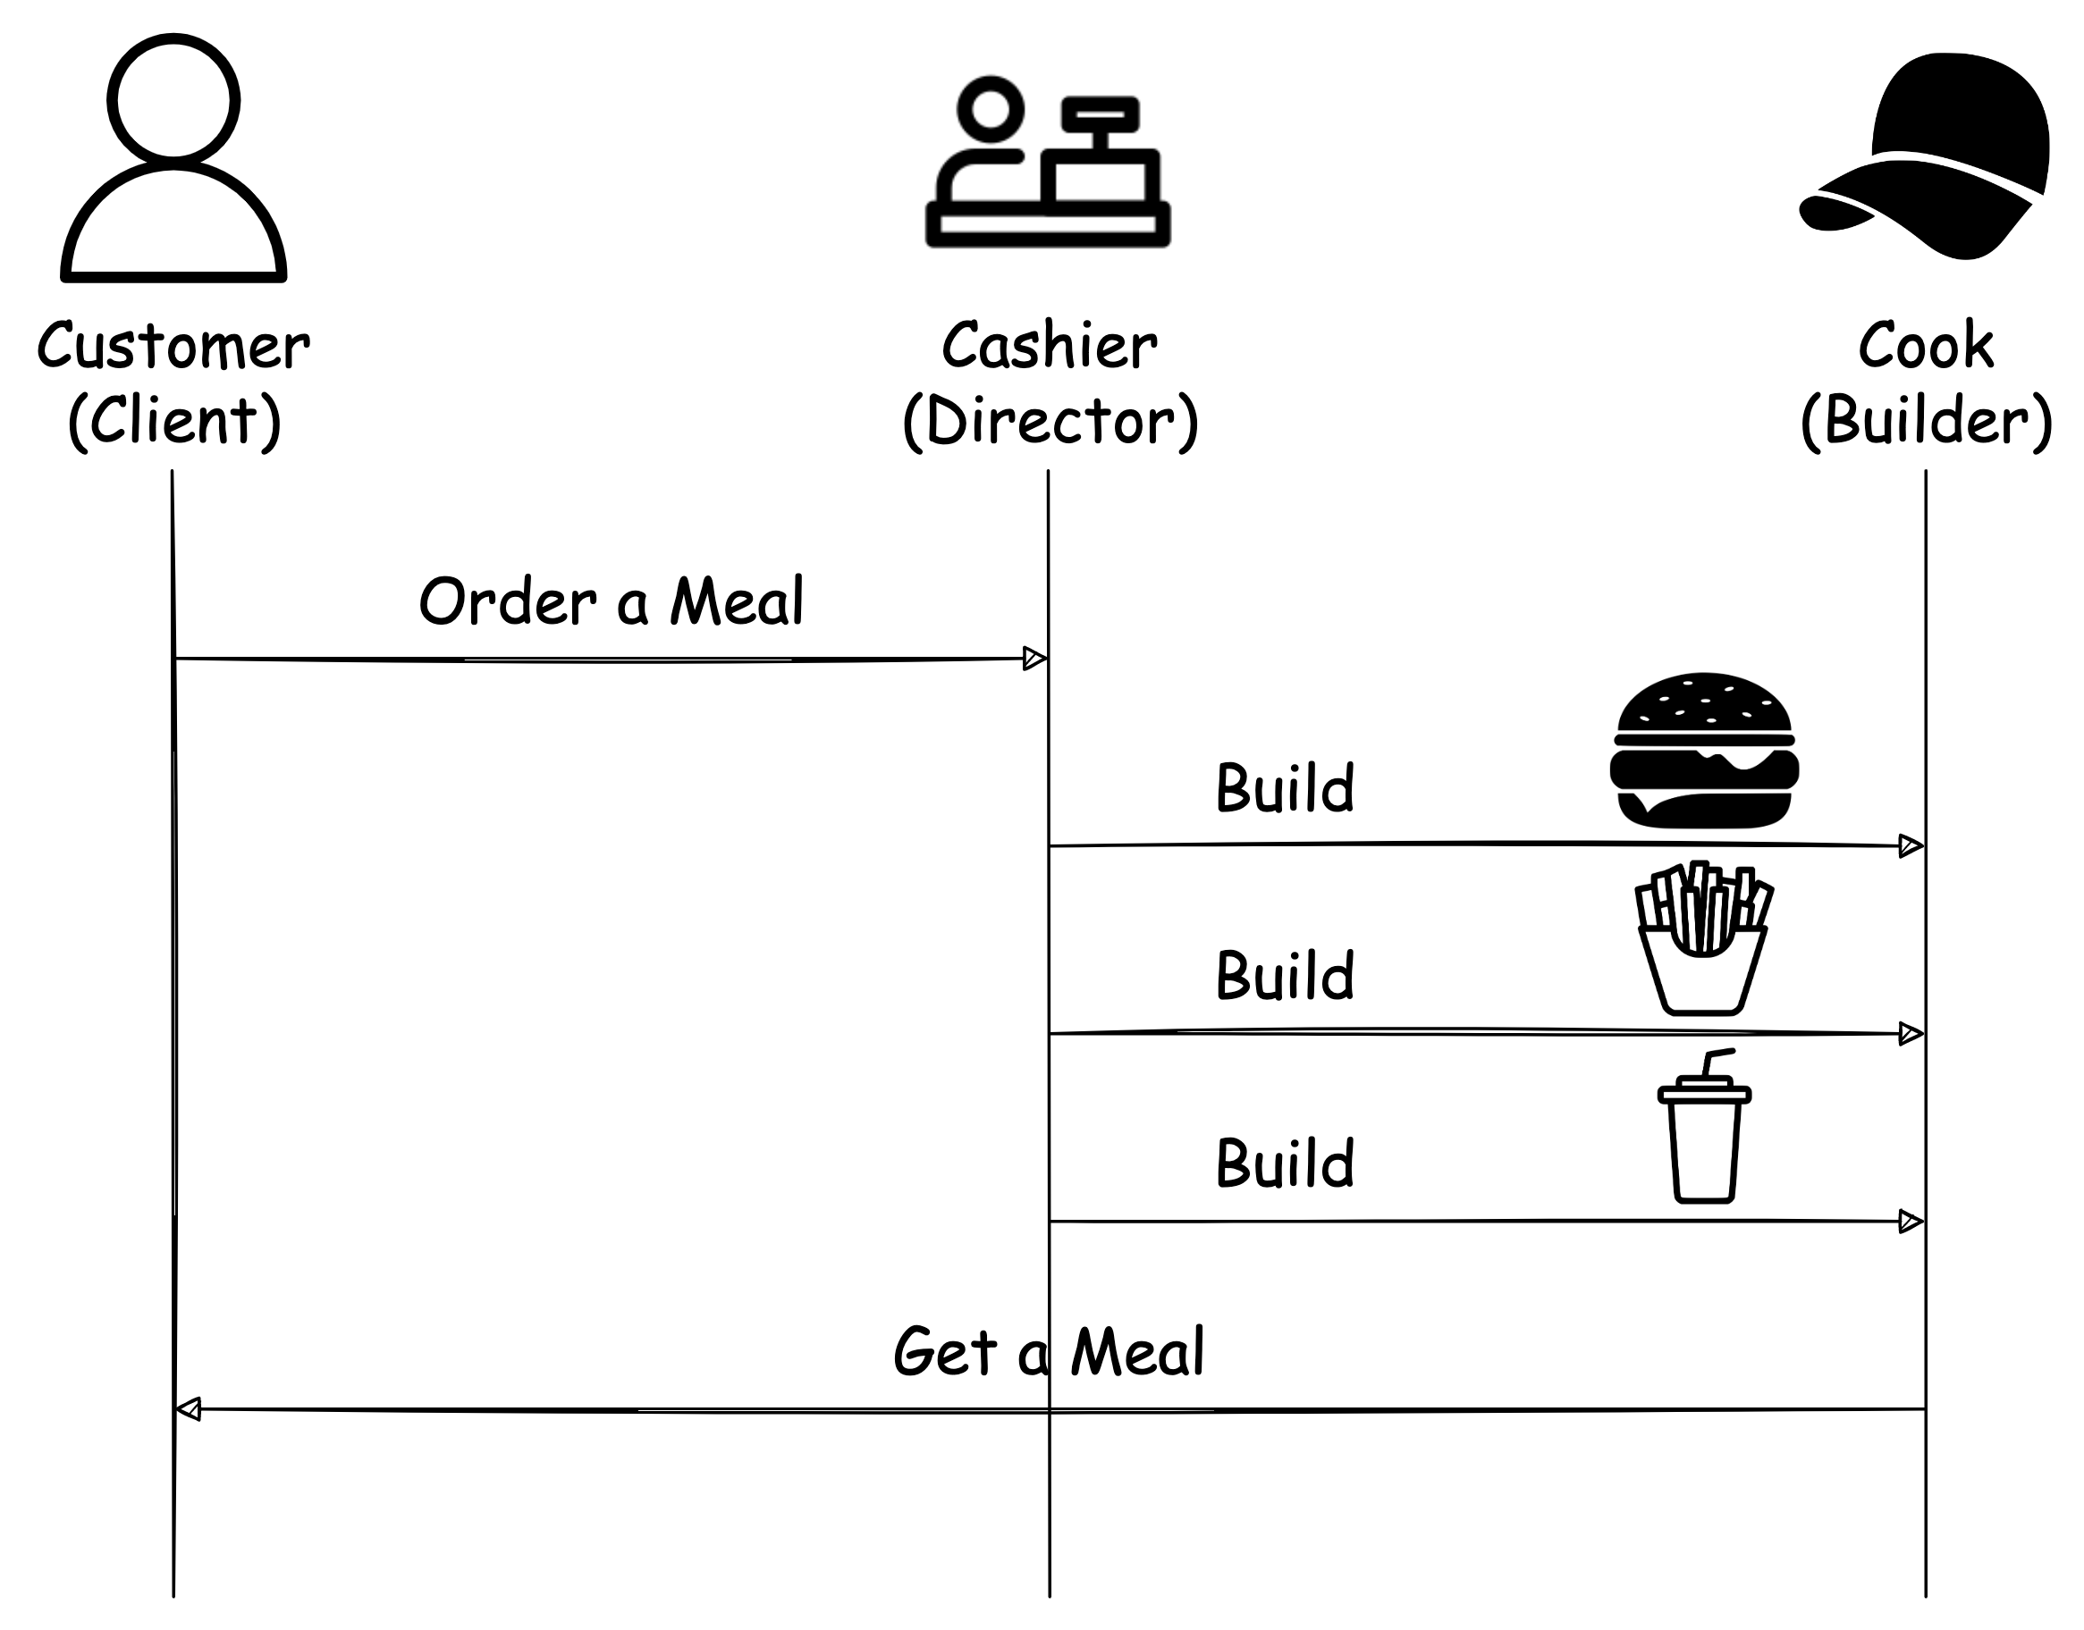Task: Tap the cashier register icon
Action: click(1048, 163)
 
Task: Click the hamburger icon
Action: click(1704, 751)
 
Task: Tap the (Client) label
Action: click(173, 420)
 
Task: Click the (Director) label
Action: click(1050, 420)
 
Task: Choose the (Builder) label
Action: click(1926, 420)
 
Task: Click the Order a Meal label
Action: click(611, 601)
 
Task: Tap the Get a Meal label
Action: click(1048, 1352)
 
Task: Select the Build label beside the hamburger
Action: click(1285, 788)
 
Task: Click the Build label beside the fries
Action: click(1285, 975)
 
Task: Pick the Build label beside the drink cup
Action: click(1285, 1164)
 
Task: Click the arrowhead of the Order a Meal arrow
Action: click(1034, 659)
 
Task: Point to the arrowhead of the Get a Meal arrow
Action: click(189, 1409)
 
